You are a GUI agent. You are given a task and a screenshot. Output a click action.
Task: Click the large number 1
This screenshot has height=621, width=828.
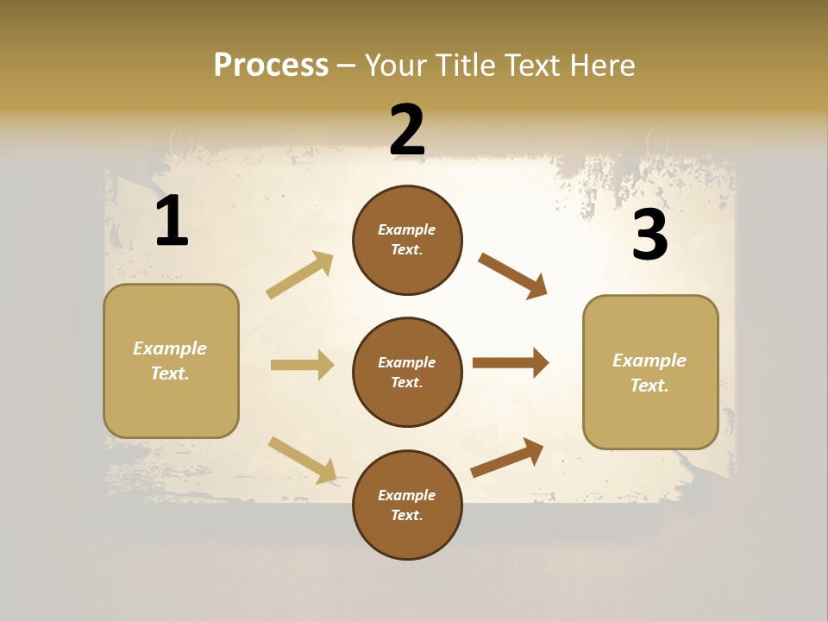[x=172, y=222]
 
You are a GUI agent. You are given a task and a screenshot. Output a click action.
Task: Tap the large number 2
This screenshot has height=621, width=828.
[x=407, y=130]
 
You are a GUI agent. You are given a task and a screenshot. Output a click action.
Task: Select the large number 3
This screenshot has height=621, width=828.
[x=649, y=235]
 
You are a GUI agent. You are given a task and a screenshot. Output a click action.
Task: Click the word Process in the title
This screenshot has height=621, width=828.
[x=271, y=65]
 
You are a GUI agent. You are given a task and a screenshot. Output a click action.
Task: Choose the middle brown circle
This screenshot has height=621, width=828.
[x=407, y=372]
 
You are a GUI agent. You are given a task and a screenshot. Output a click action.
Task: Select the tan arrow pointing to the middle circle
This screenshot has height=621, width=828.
[x=302, y=365]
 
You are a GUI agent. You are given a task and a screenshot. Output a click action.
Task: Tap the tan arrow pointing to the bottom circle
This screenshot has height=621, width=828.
[x=302, y=459]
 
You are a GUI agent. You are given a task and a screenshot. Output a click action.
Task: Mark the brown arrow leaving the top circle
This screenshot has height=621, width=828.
[x=513, y=276]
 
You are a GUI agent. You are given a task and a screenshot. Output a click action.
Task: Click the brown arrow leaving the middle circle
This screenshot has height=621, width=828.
[x=511, y=363]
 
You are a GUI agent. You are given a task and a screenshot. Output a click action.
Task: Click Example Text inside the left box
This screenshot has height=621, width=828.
[x=170, y=361]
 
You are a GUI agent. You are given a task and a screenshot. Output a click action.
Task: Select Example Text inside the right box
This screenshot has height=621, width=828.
[x=649, y=373]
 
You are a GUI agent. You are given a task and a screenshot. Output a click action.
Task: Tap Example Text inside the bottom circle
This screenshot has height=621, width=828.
[x=407, y=505]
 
